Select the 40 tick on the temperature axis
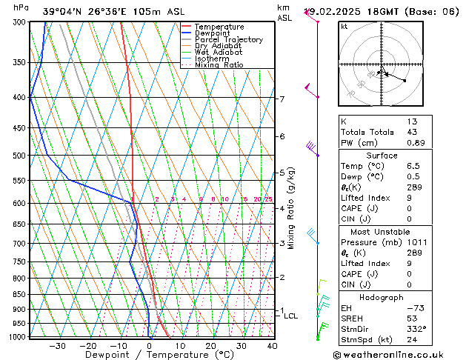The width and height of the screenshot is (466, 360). click(x=272, y=345)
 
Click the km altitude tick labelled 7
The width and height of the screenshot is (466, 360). click(x=282, y=99)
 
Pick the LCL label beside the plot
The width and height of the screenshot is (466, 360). click(x=291, y=316)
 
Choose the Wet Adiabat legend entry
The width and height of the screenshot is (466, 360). click(x=219, y=52)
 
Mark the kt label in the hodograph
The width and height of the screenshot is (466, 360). click(x=344, y=27)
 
